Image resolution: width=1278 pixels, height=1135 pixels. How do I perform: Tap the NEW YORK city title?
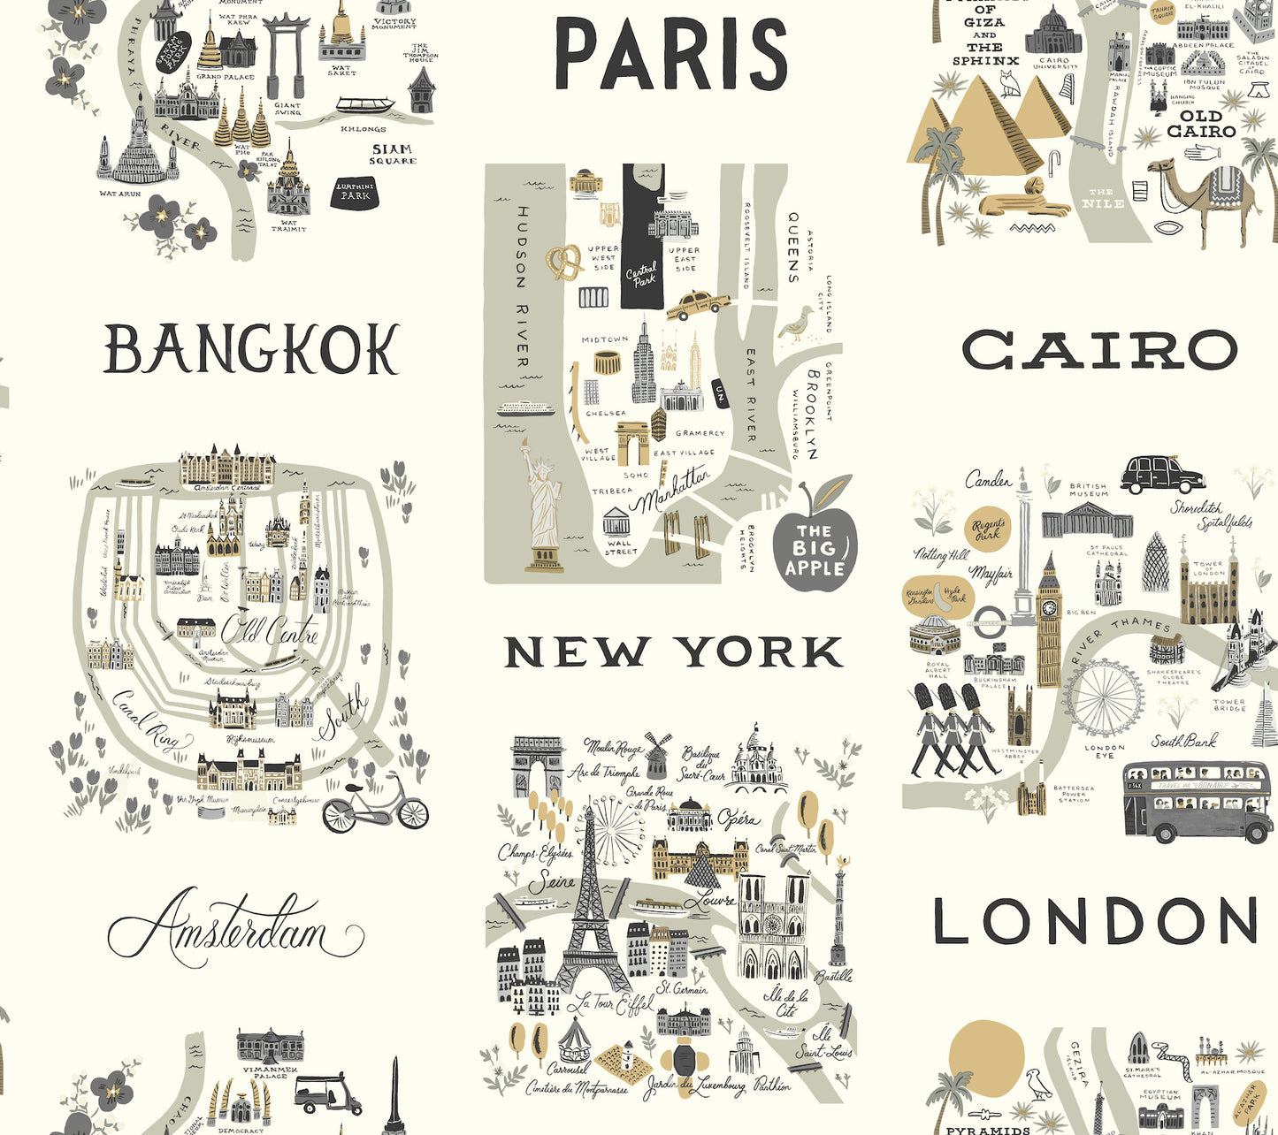(674, 652)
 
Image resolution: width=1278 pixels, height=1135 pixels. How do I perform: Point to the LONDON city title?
(1095, 922)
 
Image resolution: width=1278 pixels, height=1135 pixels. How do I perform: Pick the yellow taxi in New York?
(698, 306)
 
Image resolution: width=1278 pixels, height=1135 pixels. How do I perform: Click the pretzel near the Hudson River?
(563, 262)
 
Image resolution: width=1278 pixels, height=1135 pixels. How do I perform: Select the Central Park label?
(642, 274)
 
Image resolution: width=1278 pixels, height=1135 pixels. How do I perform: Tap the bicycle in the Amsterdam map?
(375, 806)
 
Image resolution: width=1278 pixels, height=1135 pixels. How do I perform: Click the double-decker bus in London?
(1197, 802)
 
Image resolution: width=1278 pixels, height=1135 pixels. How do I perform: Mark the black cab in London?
(1161, 475)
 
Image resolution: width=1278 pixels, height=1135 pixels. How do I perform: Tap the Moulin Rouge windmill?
(656, 753)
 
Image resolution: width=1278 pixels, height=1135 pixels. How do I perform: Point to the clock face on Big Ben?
(1049, 607)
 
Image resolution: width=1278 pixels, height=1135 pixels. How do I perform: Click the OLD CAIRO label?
(1201, 124)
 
